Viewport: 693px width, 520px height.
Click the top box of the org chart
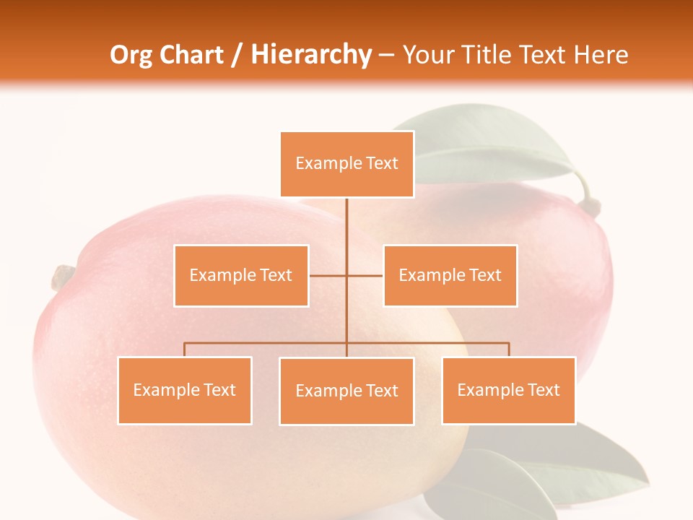click(x=346, y=164)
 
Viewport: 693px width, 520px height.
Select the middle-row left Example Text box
click(x=241, y=275)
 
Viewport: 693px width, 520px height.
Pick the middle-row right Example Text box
click(x=450, y=275)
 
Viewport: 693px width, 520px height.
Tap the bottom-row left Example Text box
click(x=184, y=390)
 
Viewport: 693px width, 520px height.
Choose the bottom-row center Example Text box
click(x=346, y=391)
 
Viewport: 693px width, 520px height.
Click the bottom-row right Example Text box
click(x=508, y=390)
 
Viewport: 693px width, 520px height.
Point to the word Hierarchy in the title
click(x=311, y=55)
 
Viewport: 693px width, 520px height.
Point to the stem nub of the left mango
click(x=63, y=276)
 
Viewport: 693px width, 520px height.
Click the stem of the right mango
click(x=589, y=204)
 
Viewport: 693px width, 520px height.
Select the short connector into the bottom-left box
click(x=184, y=350)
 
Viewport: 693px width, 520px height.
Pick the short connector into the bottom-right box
click(x=509, y=350)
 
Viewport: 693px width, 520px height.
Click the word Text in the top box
click(x=382, y=163)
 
